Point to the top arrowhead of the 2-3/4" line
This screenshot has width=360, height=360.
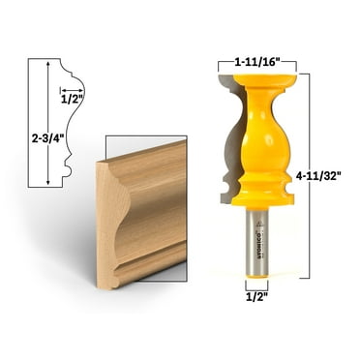pyautogui.click(x=46, y=62)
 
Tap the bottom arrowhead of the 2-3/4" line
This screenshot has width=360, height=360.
pyautogui.click(x=46, y=183)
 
